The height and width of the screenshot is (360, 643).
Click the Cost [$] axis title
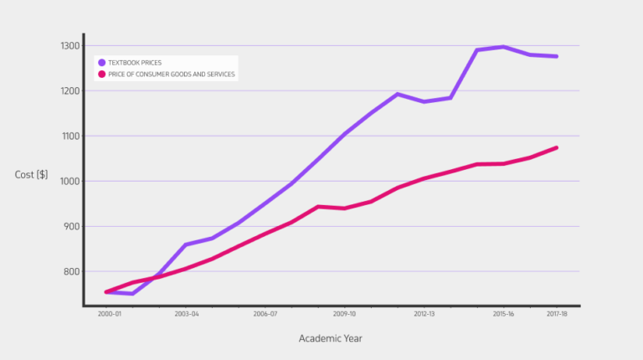click(x=31, y=174)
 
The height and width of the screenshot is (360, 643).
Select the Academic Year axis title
click(x=331, y=338)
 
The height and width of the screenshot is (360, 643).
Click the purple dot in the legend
click(x=102, y=63)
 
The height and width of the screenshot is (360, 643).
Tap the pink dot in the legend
click(x=102, y=75)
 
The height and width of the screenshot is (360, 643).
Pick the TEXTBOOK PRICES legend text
click(x=135, y=63)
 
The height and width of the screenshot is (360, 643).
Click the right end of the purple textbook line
click(x=557, y=56)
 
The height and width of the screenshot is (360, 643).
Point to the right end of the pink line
click(x=557, y=148)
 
